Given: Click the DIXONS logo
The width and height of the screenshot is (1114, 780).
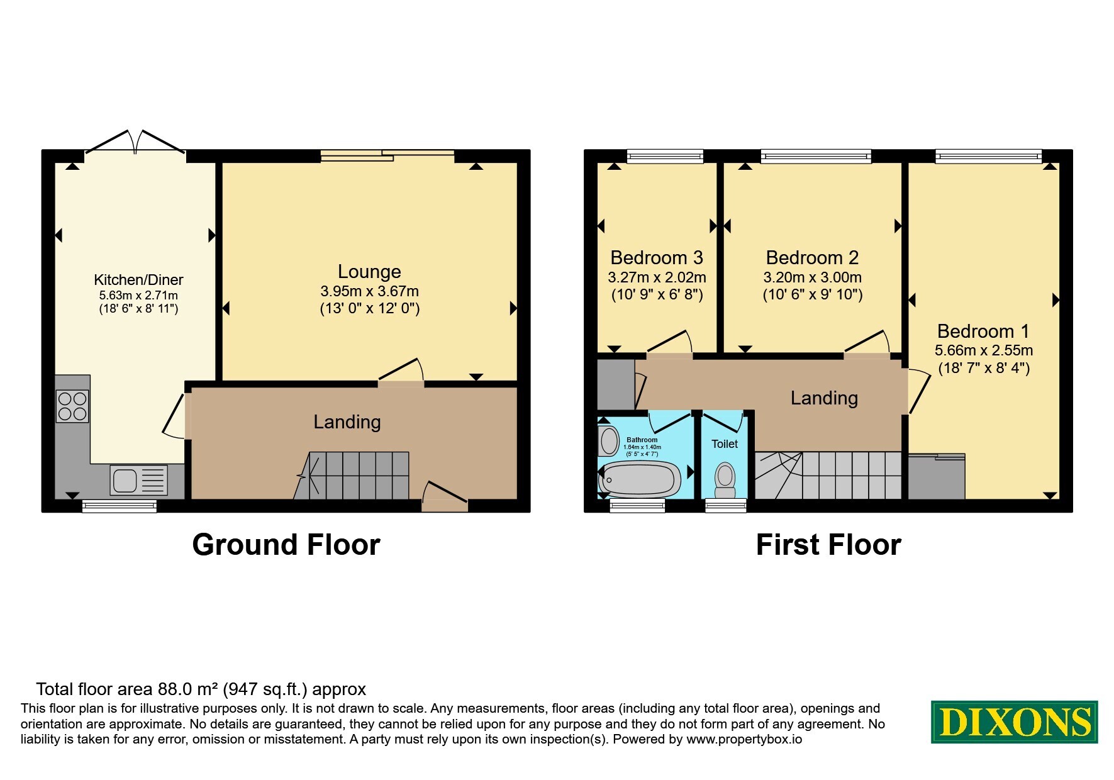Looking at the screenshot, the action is click(x=1014, y=721).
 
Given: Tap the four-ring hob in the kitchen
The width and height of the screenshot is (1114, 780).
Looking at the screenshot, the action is click(x=72, y=406).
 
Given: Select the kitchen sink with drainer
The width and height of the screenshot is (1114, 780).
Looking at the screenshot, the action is click(x=139, y=480).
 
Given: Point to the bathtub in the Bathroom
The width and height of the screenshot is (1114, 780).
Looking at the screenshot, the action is click(x=639, y=477).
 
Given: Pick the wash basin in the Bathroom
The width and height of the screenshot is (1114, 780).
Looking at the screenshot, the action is click(x=609, y=441).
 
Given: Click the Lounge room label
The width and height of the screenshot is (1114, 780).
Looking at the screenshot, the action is click(x=369, y=271).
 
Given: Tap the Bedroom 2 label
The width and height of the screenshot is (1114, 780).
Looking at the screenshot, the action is click(x=812, y=257).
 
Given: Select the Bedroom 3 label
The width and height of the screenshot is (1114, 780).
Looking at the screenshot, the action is click(x=657, y=257).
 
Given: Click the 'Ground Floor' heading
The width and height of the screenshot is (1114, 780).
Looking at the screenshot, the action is click(x=286, y=545).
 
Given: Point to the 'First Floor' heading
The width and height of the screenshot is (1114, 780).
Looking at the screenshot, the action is click(x=828, y=545).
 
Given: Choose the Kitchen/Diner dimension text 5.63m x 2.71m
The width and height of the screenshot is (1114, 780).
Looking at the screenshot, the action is click(x=138, y=295).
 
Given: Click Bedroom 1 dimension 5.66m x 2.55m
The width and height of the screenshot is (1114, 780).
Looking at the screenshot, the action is click(x=984, y=350).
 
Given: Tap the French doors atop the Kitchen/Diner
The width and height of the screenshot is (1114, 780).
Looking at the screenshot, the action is click(x=135, y=142).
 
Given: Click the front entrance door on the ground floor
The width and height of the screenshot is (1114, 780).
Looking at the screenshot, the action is click(x=445, y=498).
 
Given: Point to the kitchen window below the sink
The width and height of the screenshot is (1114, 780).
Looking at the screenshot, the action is click(x=120, y=506).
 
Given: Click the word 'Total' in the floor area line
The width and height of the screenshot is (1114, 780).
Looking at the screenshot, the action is click(x=55, y=689).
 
